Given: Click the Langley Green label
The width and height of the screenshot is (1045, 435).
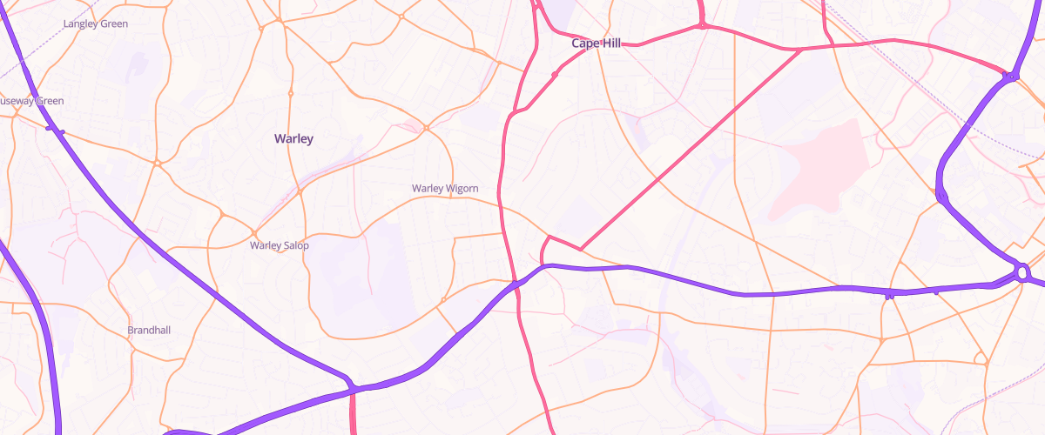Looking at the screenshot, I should click(96, 23).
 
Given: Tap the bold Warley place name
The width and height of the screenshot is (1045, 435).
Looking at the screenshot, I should click(293, 138).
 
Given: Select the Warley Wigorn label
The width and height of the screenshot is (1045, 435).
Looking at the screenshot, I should click(445, 188).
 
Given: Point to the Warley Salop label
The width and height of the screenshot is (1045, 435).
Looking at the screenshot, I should click(280, 245).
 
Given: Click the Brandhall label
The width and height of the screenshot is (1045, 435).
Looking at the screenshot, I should click(148, 331).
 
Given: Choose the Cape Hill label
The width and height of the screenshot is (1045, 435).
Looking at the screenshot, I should click(596, 43).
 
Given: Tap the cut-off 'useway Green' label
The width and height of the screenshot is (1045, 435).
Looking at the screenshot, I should click(31, 101).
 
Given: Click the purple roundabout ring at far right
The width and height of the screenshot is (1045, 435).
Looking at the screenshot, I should click(1023, 273).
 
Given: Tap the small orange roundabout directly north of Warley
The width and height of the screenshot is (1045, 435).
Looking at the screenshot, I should click(291, 93).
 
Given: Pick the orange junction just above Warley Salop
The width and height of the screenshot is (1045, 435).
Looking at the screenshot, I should click(254, 231).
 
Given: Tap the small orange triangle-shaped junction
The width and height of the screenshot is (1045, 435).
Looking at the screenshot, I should click(981, 358).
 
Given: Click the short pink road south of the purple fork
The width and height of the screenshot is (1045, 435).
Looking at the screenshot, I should click(354, 413).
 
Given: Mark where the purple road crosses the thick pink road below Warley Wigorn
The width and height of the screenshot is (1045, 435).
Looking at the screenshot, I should click(515, 284).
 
